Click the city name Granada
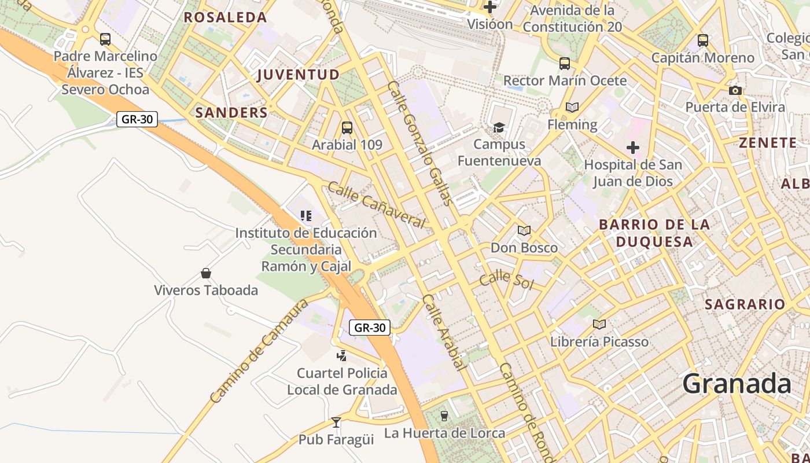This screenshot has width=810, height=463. pos(736,384)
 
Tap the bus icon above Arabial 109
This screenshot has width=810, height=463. pos(347,128)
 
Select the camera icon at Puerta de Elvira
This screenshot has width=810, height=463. pos(735,90)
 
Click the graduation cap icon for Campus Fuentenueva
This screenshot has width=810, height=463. pos(499,127)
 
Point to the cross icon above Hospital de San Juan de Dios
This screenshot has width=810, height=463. pos(633,148)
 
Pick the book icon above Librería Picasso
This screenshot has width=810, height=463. pos(599,325)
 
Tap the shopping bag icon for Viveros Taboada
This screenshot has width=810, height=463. pos(205,273)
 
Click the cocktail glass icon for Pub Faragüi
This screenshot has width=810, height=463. pos(336,422)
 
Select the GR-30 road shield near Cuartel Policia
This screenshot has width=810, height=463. pos(370,328)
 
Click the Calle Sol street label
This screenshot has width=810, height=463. pos(506,279)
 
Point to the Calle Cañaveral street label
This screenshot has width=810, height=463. pos(377,204)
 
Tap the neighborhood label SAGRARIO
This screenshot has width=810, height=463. pos(745,304)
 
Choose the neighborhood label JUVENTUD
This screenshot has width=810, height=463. pos(298,75)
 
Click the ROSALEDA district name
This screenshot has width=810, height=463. pos(225,17)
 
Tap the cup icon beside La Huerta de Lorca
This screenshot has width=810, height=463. pos(444,416)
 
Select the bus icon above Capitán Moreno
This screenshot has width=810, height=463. pos(703,41)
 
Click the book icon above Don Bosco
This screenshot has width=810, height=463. pos(524,231)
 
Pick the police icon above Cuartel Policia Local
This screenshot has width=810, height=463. pos(342,356)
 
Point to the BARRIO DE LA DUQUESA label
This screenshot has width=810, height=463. pos(654,233)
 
